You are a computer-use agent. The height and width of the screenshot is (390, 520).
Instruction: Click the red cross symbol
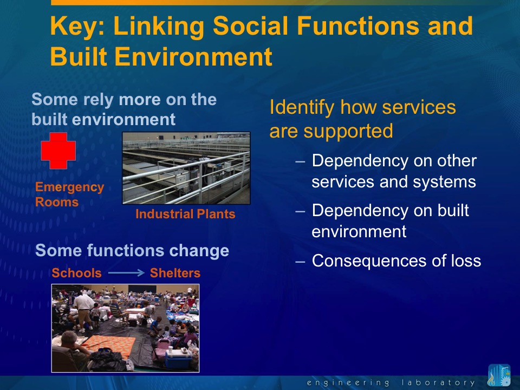pyautogui.click(x=58, y=151)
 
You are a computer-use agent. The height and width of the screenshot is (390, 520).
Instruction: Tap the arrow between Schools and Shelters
pyautogui.click(x=126, y=273)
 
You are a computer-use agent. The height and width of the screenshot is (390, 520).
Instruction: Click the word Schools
pyautogui.click(x=76, y=273)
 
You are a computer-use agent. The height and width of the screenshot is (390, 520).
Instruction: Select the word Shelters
pyautogui.click(x=175, y=273)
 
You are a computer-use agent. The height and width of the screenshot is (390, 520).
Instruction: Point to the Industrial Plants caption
pyautogui.click(x=185, y=214)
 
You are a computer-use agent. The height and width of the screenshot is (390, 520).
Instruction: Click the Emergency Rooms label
pyautogui.click(x=70, y=194)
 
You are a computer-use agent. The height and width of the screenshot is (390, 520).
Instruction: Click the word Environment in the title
pyautogui.click(x=193, y=56)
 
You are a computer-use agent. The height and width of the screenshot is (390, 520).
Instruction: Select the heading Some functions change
pyautogui.click(x=132, y=250)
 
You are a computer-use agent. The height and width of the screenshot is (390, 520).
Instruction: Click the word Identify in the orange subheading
pyautogui.click(x=302, y=108)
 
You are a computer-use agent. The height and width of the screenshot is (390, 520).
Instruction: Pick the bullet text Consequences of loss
pyautogui.click(x=396, y=261)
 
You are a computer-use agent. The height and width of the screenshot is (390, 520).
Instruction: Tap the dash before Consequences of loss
pyautogui.click(x=300, y=262)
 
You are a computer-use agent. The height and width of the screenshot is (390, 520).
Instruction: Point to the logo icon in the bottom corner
pyautogui.click(x=499, y=375)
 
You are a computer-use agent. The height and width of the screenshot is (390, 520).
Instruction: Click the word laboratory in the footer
pyautogui.click(x=438, y=383)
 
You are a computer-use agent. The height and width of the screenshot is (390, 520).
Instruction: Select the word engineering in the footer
pyautogui.click(x=348, y=383)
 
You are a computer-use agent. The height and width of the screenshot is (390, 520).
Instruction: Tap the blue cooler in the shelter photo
pyautogui.click(x=178, y=359)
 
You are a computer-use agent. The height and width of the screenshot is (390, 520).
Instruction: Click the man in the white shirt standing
pyautogui.click(x=83, y=310)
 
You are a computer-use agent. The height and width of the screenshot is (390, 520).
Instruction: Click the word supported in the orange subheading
pyautogui.click(x=348, y=131)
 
